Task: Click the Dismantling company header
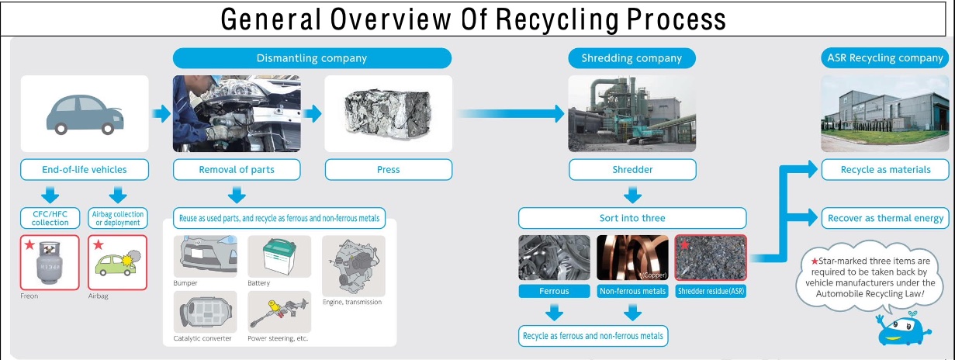pos(311,58)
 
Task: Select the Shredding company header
pos(631,58)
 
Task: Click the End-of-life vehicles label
pos(85,170)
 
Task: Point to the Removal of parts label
pos(236,170)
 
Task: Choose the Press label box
pos(388,170)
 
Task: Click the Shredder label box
pos(632,170)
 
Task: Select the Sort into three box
pos(632,218)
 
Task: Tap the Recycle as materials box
pos(885,170)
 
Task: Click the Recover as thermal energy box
pos(885,218)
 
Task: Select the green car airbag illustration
pos(117,261)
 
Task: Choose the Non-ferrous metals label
pos(632,292)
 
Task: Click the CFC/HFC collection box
pos(50,218)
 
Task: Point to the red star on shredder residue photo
pos(684,245)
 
